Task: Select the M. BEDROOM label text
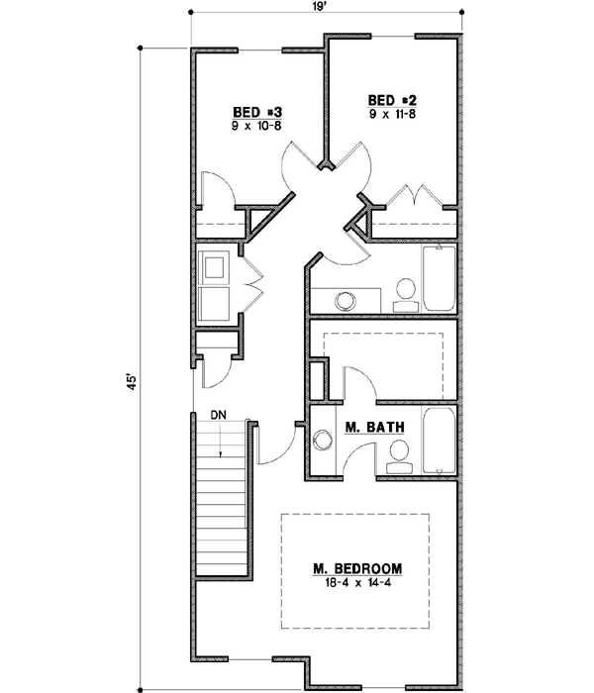[357, 568]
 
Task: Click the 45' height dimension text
[130, 385]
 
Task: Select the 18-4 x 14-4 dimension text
[357, 584]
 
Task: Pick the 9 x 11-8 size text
[389, 115]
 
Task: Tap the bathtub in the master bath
[439, 440]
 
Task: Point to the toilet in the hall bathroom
[404, 290]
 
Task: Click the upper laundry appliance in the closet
[214, 267]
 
